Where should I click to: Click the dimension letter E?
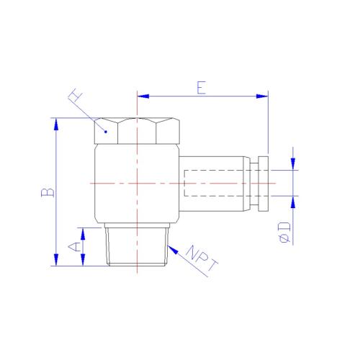[201, 88]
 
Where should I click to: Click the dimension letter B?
[48, 193]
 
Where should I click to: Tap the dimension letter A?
[74, 247]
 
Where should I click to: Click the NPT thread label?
[202, 259]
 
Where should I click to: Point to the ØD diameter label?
[284, 233]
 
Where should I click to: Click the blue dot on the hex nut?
[106, 132]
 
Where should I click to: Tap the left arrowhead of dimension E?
[143, 96]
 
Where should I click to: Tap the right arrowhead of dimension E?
[262, 96]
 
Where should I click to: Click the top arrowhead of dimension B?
[56, 124]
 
